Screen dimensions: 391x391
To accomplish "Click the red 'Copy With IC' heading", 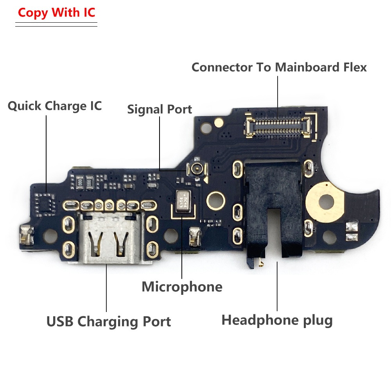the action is [56, 13].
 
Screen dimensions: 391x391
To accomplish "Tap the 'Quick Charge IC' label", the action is [55, 106].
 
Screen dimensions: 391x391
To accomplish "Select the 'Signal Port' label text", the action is [160, 109].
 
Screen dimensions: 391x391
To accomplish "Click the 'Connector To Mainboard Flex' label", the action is [279, 67].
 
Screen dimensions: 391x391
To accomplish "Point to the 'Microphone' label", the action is [182, 287].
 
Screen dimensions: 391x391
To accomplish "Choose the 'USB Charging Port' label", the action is [109, 321].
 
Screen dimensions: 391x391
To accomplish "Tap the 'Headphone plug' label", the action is [277, 320].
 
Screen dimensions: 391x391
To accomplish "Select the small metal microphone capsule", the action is [183, 201].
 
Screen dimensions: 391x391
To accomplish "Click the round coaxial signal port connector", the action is [197, 169].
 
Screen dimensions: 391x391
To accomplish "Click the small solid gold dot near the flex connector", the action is [219, 122].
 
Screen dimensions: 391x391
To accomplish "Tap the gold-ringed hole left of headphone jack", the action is [215, 200].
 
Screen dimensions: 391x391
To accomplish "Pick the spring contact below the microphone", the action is [195, 236].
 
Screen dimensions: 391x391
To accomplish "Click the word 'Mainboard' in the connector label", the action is [307, 67].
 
